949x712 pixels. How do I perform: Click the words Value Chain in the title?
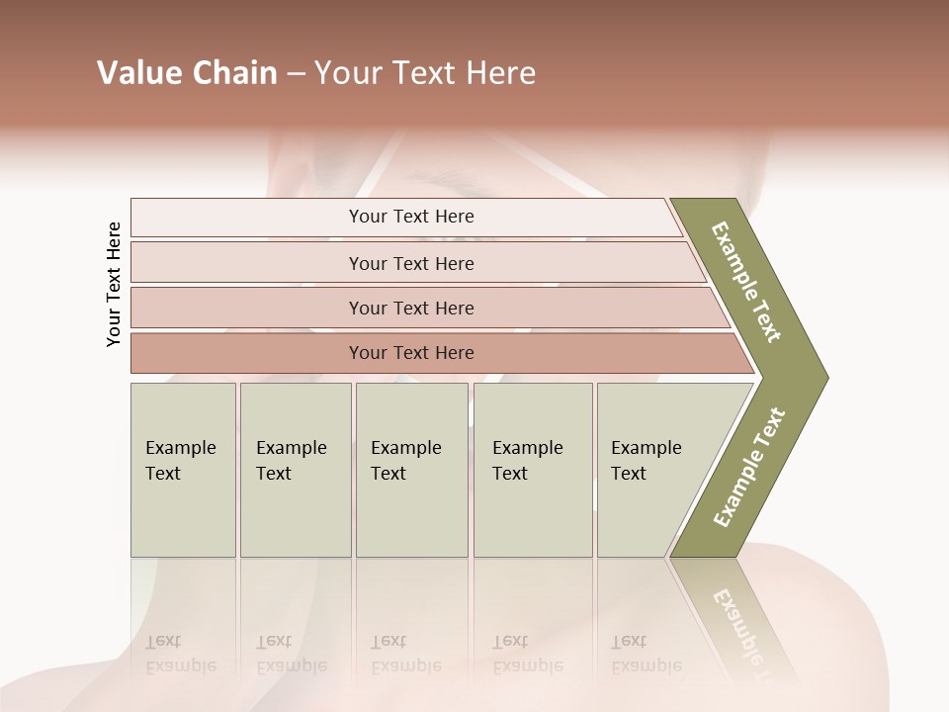[x=187, y=73]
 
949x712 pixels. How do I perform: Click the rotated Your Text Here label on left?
[x=114, y=284]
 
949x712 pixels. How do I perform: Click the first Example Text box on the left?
[x=183, y=470]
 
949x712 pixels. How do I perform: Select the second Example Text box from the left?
[x=296, y=470]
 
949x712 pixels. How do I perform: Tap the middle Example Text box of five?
[x=411, y=470]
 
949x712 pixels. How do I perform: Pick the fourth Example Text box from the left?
[x=533, y=470]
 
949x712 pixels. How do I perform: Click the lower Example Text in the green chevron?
[x=749, y=468]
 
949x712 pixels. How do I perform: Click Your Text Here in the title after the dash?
[x=425, y=73]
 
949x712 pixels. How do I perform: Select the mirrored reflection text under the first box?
[x=180, y=654]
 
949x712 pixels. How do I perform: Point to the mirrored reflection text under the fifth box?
[x=646, y=654]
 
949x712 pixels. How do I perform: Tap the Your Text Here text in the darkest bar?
[x=411, y=353]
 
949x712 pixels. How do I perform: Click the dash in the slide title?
[x=296, y=74]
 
